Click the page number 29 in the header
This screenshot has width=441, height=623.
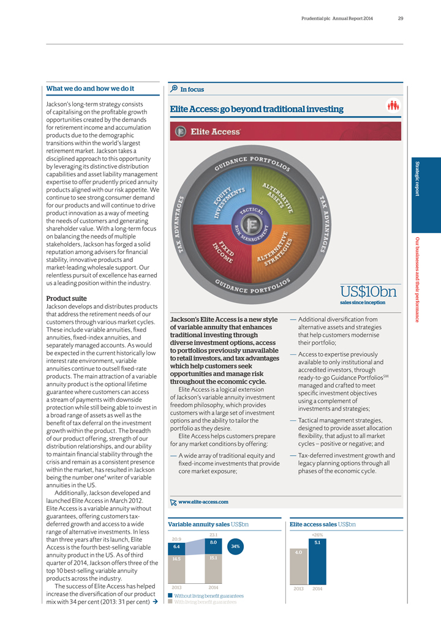(400, 18)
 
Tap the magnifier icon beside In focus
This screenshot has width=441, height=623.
(174, 89)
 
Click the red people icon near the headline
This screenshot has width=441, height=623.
(393, 106)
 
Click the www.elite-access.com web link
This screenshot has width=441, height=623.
(203, 502)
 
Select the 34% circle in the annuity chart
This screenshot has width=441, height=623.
(236, 546)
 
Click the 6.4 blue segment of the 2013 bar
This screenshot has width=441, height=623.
(176, 546)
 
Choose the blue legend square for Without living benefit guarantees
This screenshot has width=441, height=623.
(170, 595)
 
